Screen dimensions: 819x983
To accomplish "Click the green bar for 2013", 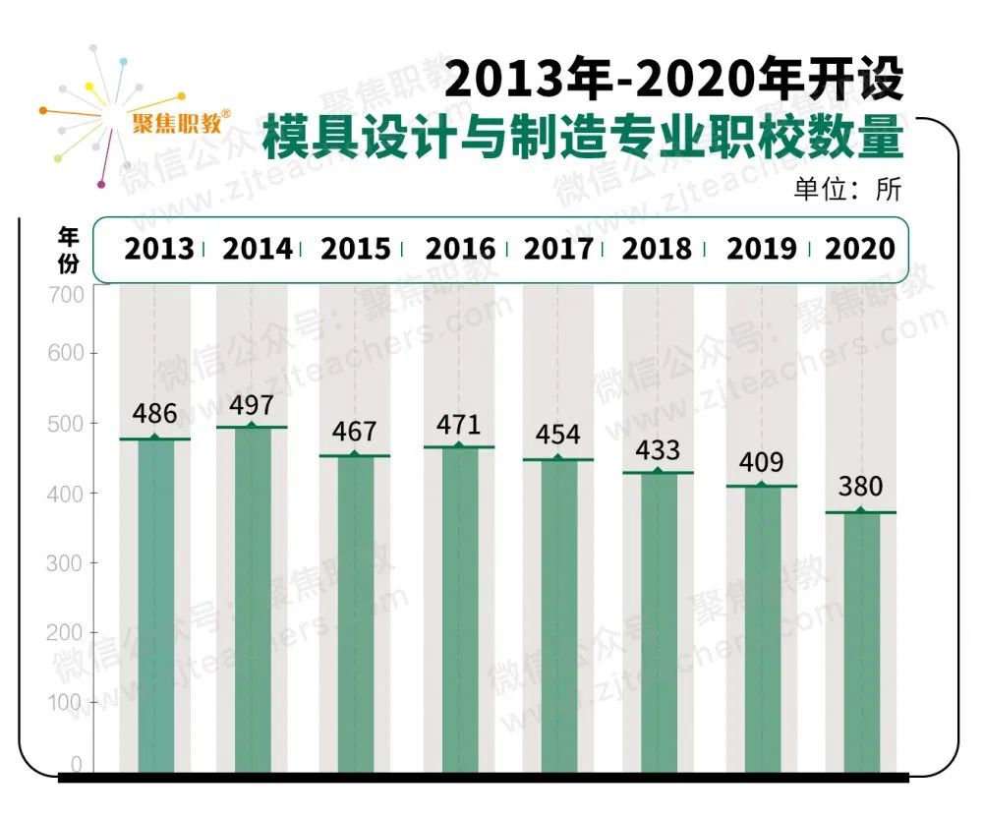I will click(155, 605).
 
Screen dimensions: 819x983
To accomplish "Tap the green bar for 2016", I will click(459, 610).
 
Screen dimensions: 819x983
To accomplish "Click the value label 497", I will click(252, 405).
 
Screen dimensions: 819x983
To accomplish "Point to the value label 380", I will click(860, 487).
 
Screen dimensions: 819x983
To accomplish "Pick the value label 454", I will click(557, 435).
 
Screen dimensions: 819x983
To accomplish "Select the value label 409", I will click(761, 460).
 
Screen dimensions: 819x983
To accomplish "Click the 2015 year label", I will click(356, 249).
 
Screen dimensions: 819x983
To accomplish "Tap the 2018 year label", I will click(657, 249).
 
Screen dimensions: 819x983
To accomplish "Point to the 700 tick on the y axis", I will click(65, 294).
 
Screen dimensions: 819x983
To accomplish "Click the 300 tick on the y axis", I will click(65, 562).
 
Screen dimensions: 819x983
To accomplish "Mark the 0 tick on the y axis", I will click(76, 764).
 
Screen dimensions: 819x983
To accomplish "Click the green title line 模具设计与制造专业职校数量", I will click(582, 138).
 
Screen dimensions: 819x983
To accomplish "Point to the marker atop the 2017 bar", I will click(557, 457).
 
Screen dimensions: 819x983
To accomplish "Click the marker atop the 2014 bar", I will click(252, 426).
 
